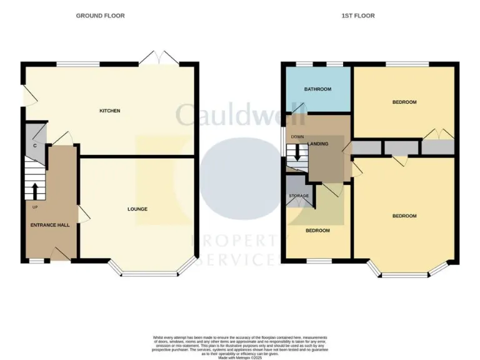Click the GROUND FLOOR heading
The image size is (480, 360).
(x=100, y=16)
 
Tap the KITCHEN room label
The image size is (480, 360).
(x=110, y=111)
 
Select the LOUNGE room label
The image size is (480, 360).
(x=137, y=209)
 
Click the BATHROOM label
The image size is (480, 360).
(x=317, y=89)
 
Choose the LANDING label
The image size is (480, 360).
(x=318, y=144)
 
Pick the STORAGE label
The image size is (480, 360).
(x=299, y=196)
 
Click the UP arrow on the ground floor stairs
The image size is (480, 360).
(x=34, y=191)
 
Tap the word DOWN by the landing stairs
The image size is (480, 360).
(x=297, y=137)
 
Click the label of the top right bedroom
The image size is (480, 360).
(x=404, y=102)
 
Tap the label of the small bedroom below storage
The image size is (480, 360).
(x=317, y=231)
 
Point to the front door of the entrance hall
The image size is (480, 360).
(x=60, y=253)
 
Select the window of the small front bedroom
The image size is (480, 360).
(x=318, y=260)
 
